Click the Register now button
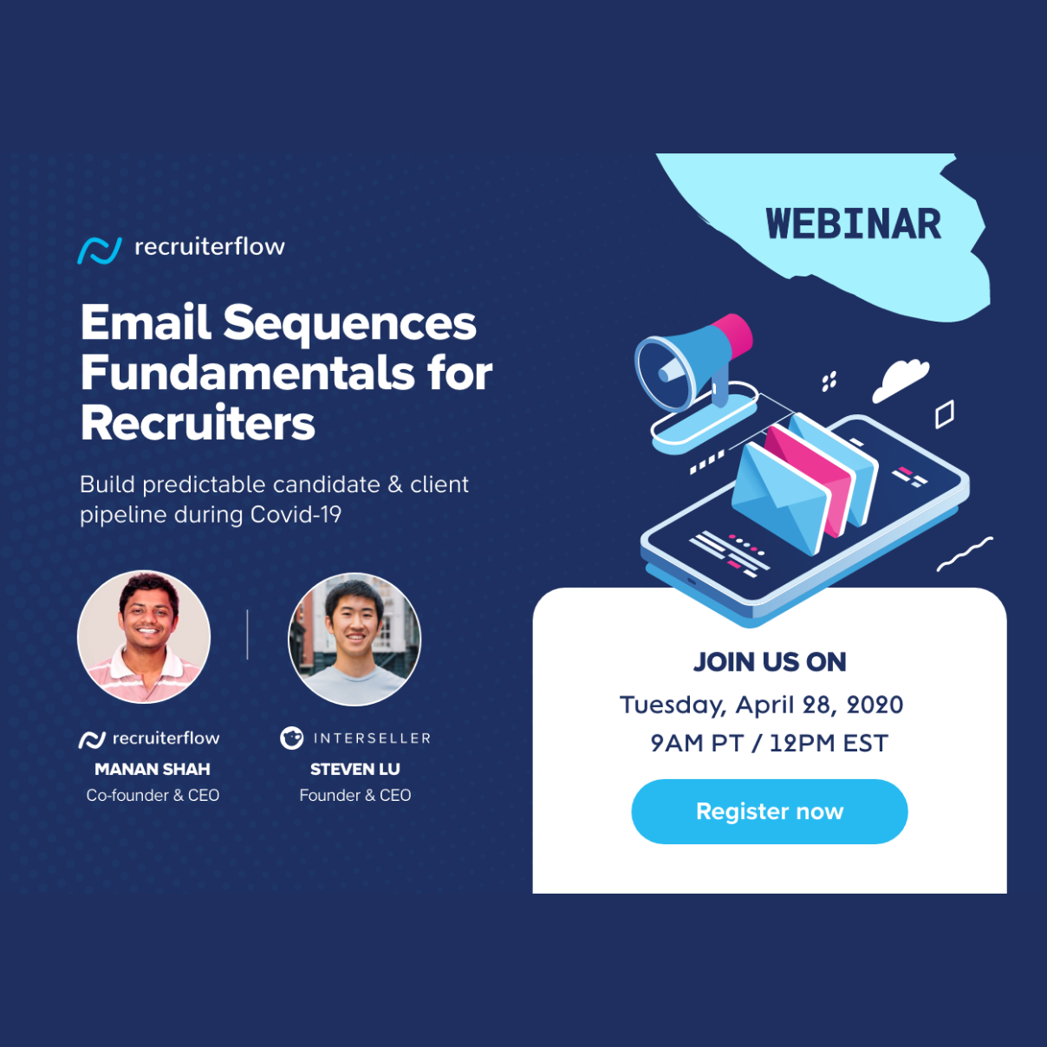(770, 811)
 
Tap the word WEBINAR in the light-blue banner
(853, 224)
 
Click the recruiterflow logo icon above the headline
(100, 250)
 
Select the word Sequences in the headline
(349, 324)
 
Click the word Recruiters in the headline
(198, 423)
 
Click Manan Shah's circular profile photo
(144, 636)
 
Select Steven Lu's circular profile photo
(354, 639)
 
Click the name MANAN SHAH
(153, 769)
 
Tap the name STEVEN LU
(354, 769)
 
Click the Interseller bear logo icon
(292, 738)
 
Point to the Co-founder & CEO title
(153, 795)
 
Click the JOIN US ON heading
(770, 662)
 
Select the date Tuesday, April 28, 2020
(761, 705)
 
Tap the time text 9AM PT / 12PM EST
(770, 743)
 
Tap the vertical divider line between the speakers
(248, 634)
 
